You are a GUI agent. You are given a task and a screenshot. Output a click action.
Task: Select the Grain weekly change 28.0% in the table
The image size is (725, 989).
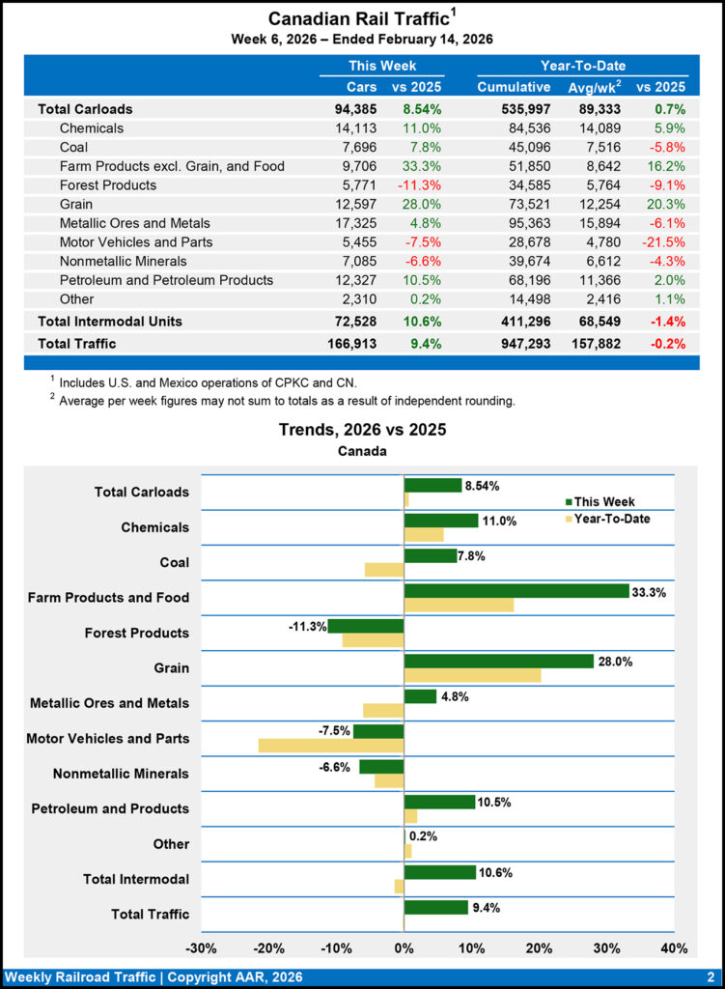422,204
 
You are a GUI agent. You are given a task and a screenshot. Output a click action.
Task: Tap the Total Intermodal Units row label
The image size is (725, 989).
109,321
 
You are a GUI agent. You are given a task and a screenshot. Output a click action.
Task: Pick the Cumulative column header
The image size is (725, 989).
514,87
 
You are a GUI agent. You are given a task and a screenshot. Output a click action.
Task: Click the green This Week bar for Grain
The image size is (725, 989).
498,661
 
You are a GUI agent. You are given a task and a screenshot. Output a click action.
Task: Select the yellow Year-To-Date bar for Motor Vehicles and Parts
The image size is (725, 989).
330,746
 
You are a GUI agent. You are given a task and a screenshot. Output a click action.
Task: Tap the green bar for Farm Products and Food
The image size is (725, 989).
516,590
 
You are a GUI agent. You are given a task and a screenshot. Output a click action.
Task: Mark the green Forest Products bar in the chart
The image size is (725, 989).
366,626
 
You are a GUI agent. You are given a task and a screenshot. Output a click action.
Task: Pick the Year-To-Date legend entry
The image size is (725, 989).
612,519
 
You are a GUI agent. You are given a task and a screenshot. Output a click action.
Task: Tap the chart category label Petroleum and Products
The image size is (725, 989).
110,808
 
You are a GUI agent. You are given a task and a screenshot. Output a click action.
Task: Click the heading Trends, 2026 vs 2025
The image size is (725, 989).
362,429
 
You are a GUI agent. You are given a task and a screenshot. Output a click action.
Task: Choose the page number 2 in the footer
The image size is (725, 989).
710,975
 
